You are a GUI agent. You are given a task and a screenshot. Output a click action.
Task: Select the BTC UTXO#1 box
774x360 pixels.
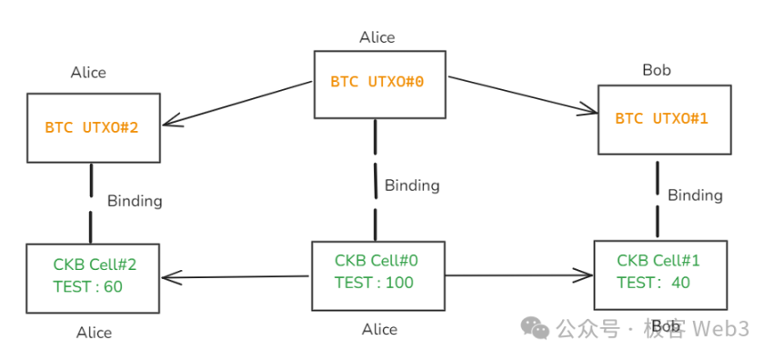coord(664,119)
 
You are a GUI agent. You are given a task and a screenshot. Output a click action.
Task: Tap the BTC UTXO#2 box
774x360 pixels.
coord(93,127)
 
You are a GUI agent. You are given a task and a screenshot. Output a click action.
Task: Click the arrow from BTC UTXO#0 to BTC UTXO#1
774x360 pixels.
coord(523,95)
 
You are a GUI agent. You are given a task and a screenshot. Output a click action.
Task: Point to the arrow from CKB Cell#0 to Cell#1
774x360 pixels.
coord(518,274)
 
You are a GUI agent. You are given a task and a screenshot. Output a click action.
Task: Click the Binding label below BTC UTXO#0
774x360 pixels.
coord(411,185)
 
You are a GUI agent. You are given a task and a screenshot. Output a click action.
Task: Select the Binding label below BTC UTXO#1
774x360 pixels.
coord(695,195)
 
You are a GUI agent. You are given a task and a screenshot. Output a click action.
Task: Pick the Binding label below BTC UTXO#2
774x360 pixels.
coord(135,201)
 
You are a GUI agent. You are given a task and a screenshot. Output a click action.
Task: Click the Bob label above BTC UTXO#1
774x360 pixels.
coord(661,70)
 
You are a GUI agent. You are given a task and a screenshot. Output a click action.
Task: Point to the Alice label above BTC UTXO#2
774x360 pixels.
coord(88,73)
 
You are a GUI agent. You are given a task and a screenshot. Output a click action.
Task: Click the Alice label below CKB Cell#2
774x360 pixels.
coord(94,333)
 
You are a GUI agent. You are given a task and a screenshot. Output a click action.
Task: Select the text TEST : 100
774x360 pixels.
coord(374,283)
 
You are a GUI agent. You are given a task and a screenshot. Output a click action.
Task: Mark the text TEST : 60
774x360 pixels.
coord(88,287)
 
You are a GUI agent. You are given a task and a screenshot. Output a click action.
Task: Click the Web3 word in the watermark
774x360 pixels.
coord(723,329)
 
